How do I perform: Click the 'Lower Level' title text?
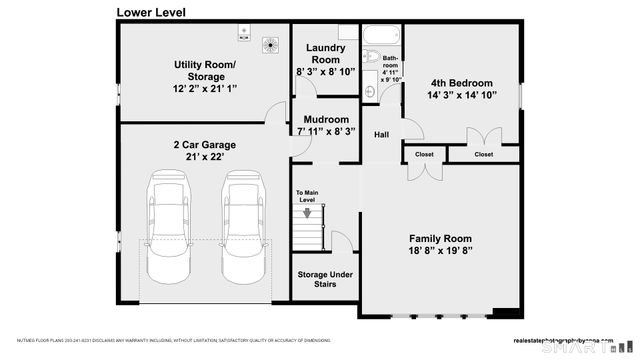click(x=150, y=13)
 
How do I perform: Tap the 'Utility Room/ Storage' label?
click(x=204, y=71)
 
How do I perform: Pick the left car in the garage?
click(x=166, y=227)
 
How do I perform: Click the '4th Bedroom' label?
click(x=461, y=83)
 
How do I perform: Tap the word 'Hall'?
click(x=382, y=135)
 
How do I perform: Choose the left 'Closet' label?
click(x=424, y=155)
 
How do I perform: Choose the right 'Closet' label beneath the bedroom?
click(x=484, y=155)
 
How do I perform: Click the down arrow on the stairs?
click(x=308, y=212)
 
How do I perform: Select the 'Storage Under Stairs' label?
click(x=323, y=278)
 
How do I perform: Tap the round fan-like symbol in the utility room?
click(x=270, y=44)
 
